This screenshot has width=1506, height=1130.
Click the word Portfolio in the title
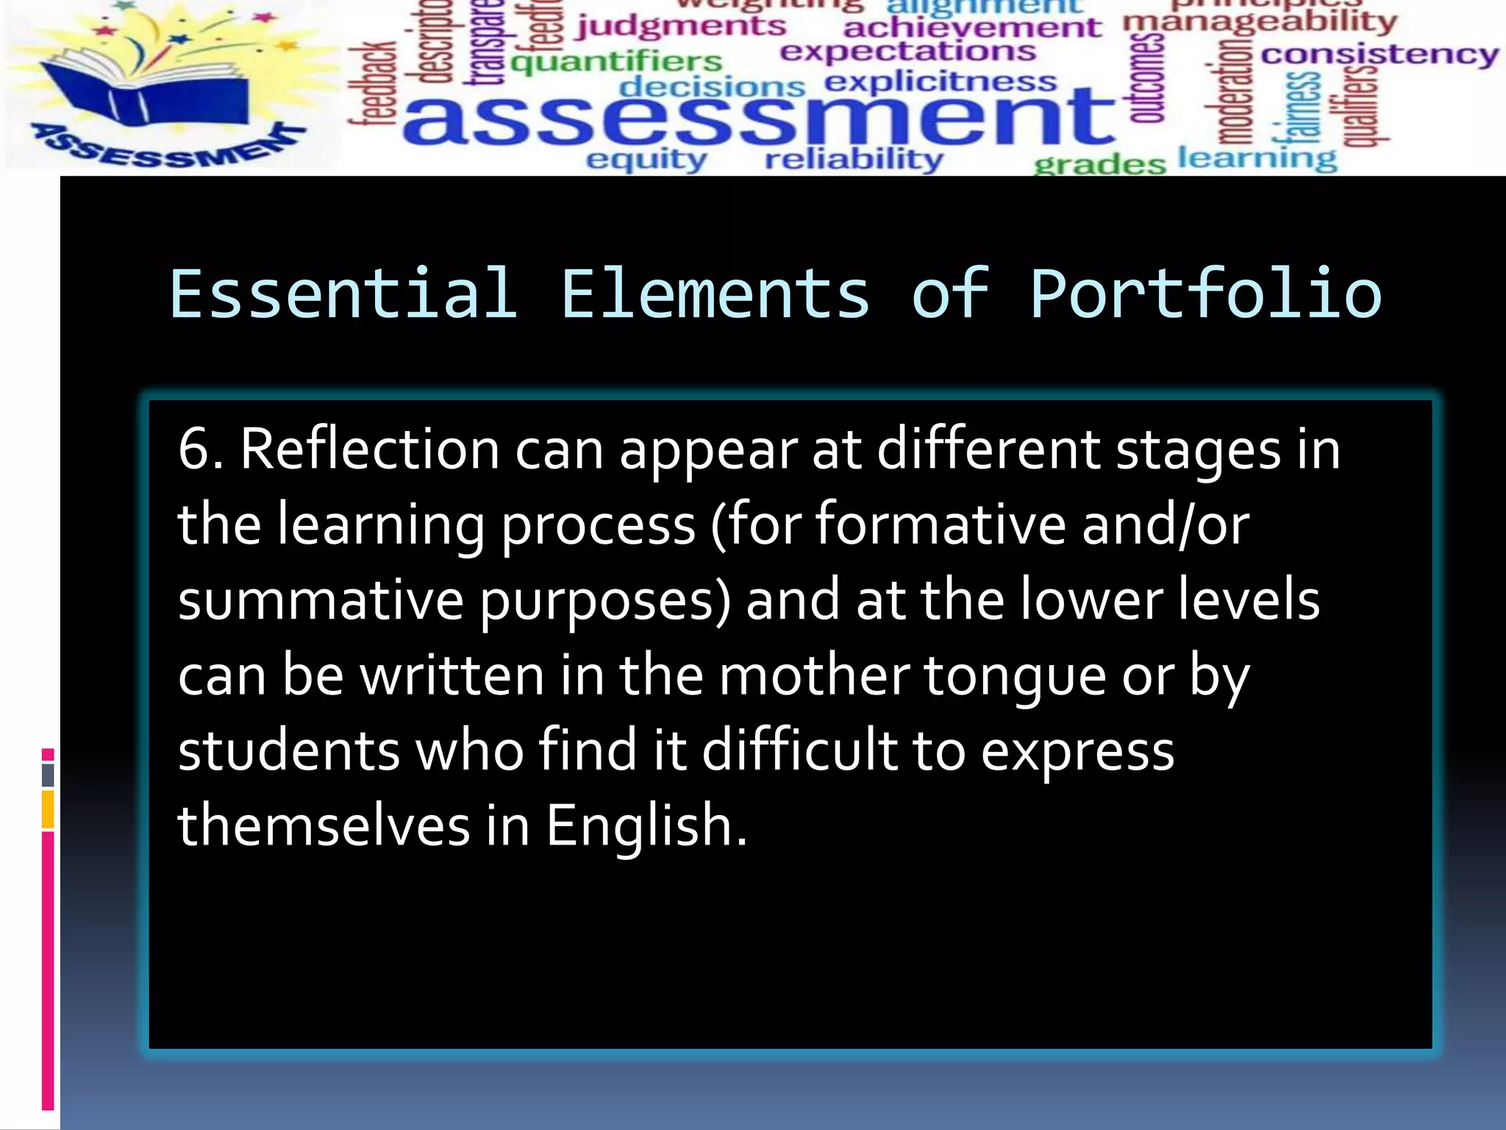[x=1205, y=294]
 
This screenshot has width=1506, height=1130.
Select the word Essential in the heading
[x=343, y=294]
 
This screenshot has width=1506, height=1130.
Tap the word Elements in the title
[x=715, y=294]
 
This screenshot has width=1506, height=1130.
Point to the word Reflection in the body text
[x=370, y=449]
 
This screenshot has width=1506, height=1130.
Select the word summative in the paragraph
[x=321, y=600]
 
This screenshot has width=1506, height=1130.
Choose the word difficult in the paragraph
[x=800, y=750]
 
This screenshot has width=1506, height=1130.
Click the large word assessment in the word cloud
[x=757, y=118]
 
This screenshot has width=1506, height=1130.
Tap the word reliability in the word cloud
[x=853, y=159]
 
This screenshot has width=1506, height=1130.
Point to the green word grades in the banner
[x=1099, y=163]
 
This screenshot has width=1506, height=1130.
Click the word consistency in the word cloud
[x=1379, y=55]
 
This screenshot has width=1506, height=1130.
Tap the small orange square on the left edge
[x=48, y=809]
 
